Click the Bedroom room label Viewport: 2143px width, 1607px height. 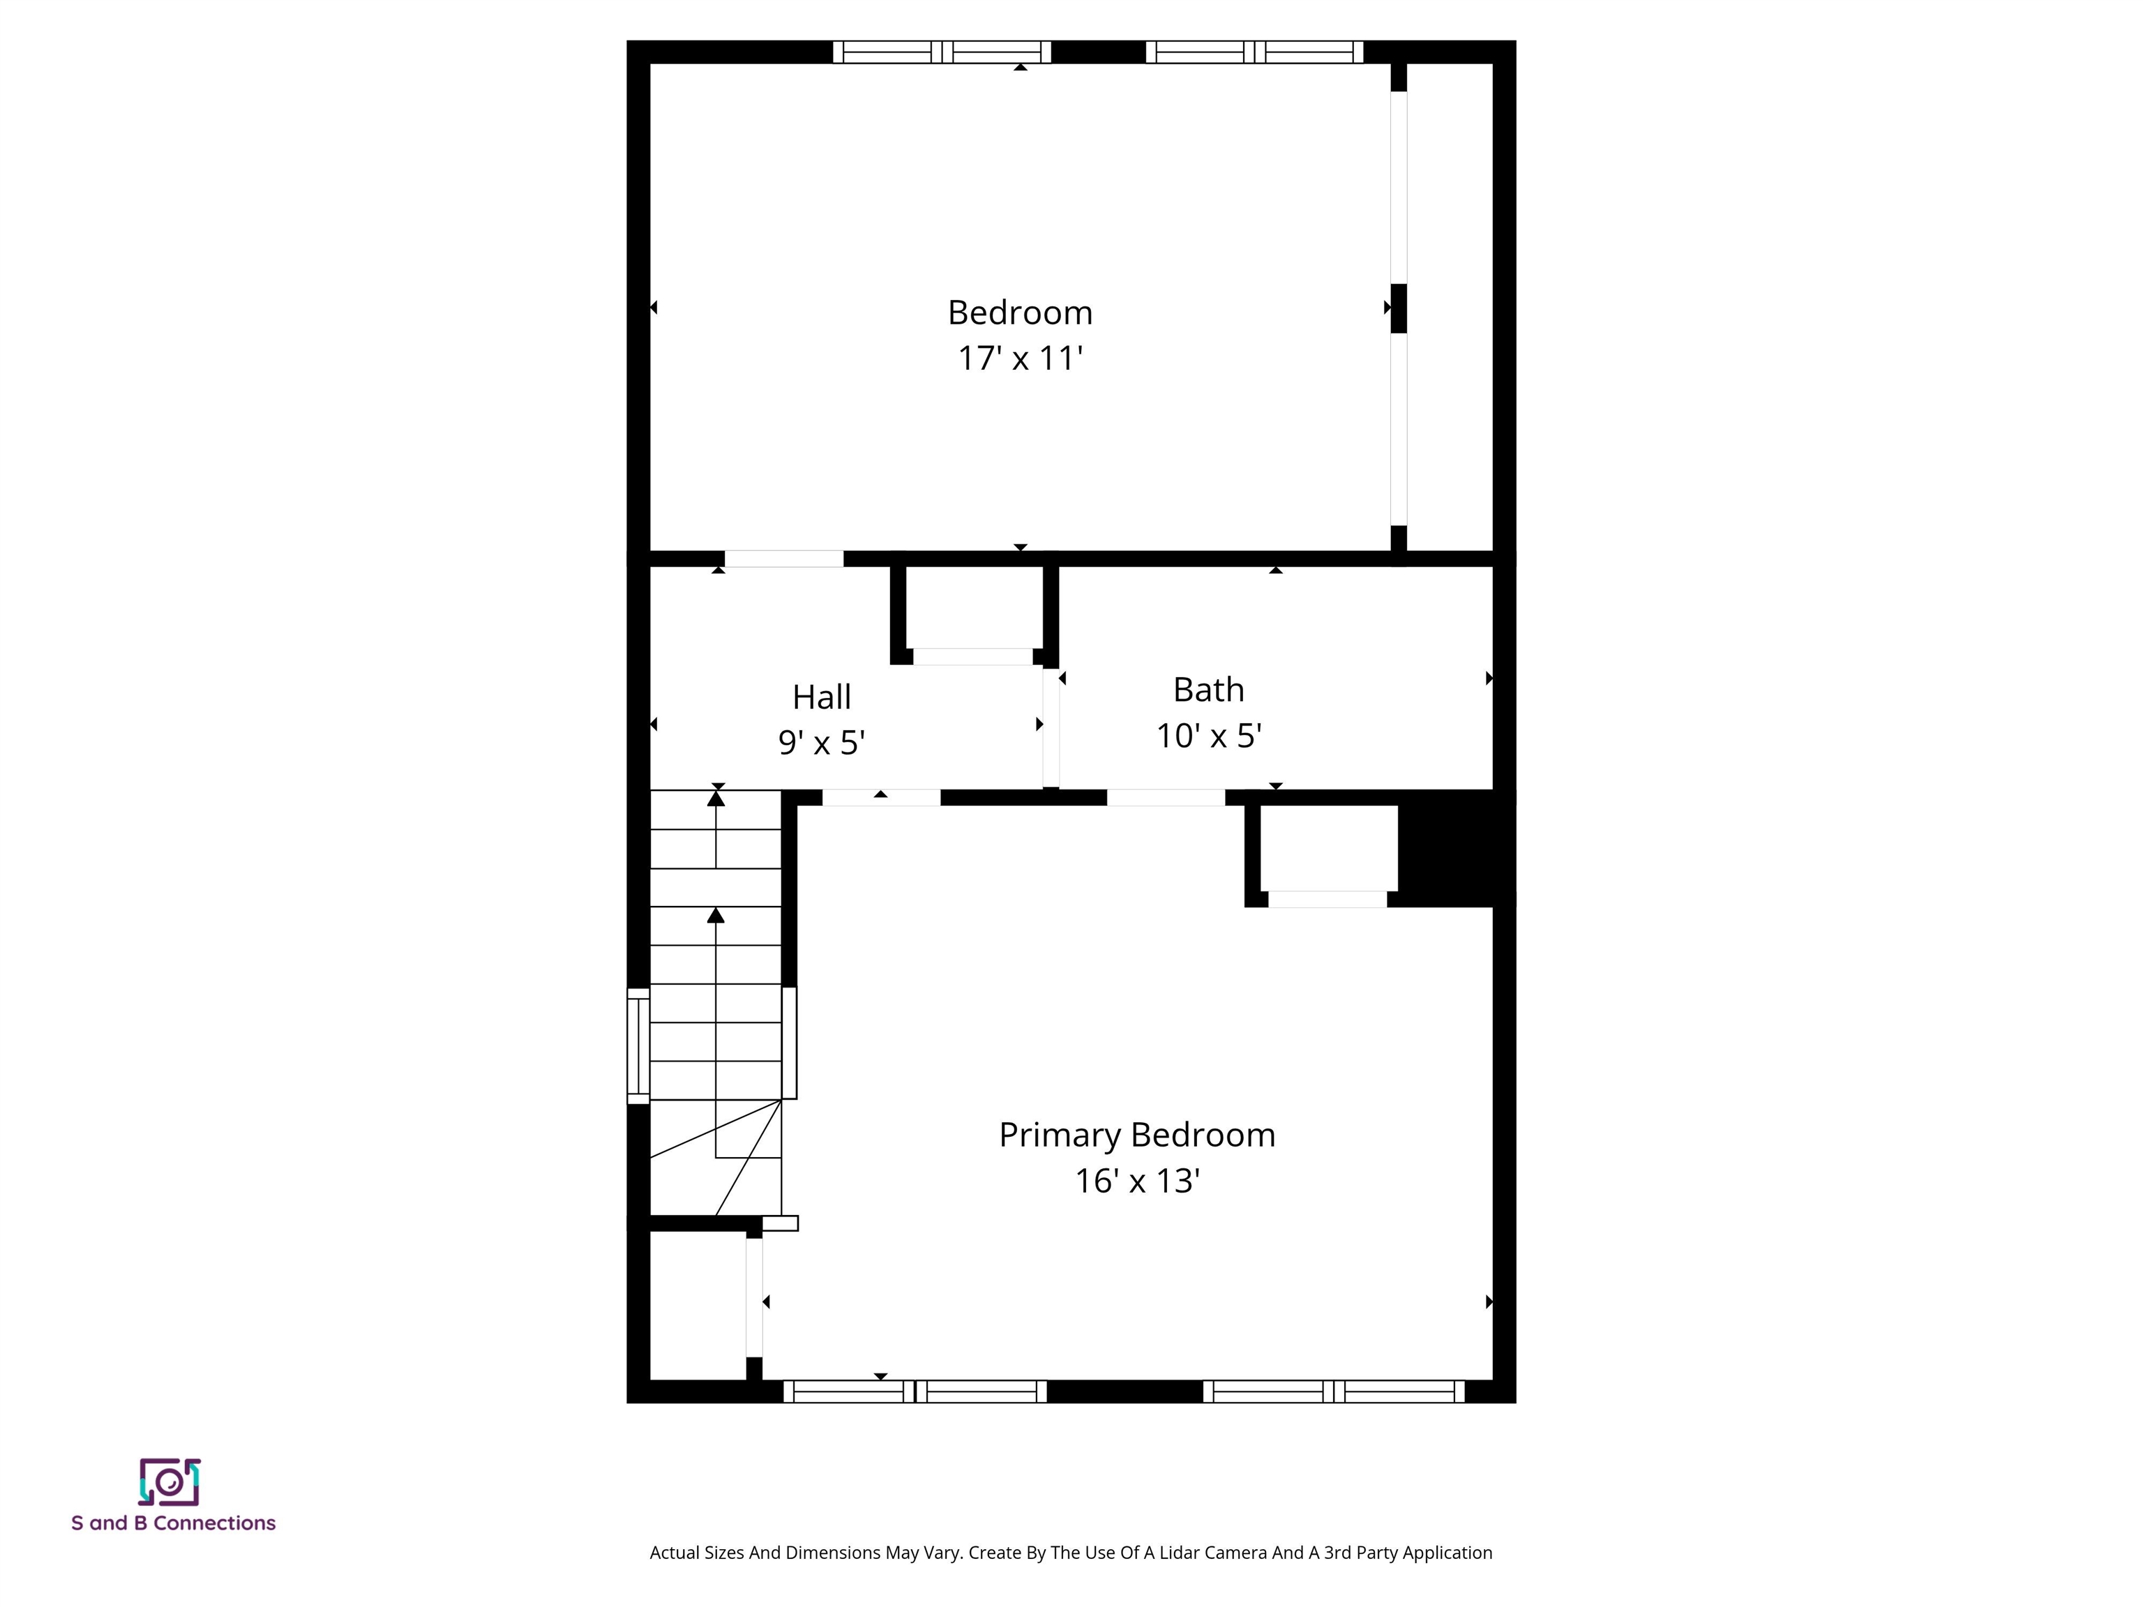click(x=1020, y=313)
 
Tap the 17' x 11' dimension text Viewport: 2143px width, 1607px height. click(x=1020, y=359)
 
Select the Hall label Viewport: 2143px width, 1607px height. click(x=822, y=697)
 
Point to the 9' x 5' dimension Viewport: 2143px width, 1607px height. click(x=822, y=743)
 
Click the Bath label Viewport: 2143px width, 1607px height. click(x=1208, y=690)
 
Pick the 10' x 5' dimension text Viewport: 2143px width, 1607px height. click(x=1208, y=736)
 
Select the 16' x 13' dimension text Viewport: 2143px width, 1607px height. click(x=1137, y=1181)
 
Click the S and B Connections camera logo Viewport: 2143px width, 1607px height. click(x=170, y=1482)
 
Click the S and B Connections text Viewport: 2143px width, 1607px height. click(x=174, y=1523)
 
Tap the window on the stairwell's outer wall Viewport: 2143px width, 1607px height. click(x=638, y=1046)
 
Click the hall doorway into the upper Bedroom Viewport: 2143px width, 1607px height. click(x=784, y=559)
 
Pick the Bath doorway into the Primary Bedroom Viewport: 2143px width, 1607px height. click(x=1166, y=798)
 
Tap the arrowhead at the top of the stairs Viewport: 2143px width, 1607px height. click(x=716, y=798)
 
